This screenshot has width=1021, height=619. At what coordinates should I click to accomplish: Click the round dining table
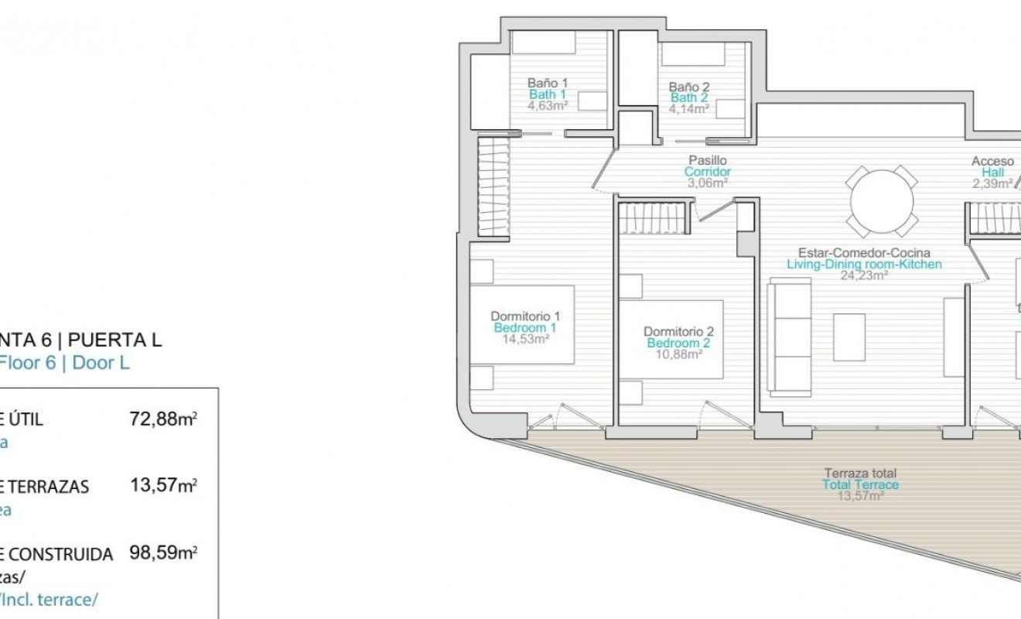tap(882, 201)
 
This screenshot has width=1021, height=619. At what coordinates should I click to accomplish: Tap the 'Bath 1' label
tap(548, 94)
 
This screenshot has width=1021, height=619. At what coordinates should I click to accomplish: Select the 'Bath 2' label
tap(688, 97)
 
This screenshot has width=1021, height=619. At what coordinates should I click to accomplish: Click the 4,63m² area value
tap(548, 106)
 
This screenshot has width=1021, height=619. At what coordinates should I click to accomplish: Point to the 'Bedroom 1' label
tap(526, 327)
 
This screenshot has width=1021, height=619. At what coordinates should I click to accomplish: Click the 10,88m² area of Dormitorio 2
tap(678, 354)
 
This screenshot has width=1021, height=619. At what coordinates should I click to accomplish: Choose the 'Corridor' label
tap(708, 172)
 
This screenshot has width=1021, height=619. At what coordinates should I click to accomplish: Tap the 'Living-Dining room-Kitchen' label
tap(864, 264)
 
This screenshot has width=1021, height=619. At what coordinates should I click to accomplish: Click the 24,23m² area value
tap(864, 275)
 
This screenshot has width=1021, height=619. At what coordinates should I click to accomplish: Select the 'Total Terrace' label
tap(860, 484)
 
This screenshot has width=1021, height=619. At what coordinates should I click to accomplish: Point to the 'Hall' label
tap(992, 173)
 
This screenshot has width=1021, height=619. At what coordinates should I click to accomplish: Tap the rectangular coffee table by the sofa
tap(849, 337)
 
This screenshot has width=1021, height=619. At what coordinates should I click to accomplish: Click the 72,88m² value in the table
tap(162, 419)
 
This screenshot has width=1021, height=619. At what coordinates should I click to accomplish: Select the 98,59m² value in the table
tap(162, 553)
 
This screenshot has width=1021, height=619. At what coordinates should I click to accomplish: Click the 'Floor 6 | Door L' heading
tap(65, 363)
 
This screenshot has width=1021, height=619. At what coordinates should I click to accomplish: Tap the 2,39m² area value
tap(992, 184)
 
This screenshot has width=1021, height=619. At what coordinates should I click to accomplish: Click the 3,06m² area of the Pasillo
tap(708, 183)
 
